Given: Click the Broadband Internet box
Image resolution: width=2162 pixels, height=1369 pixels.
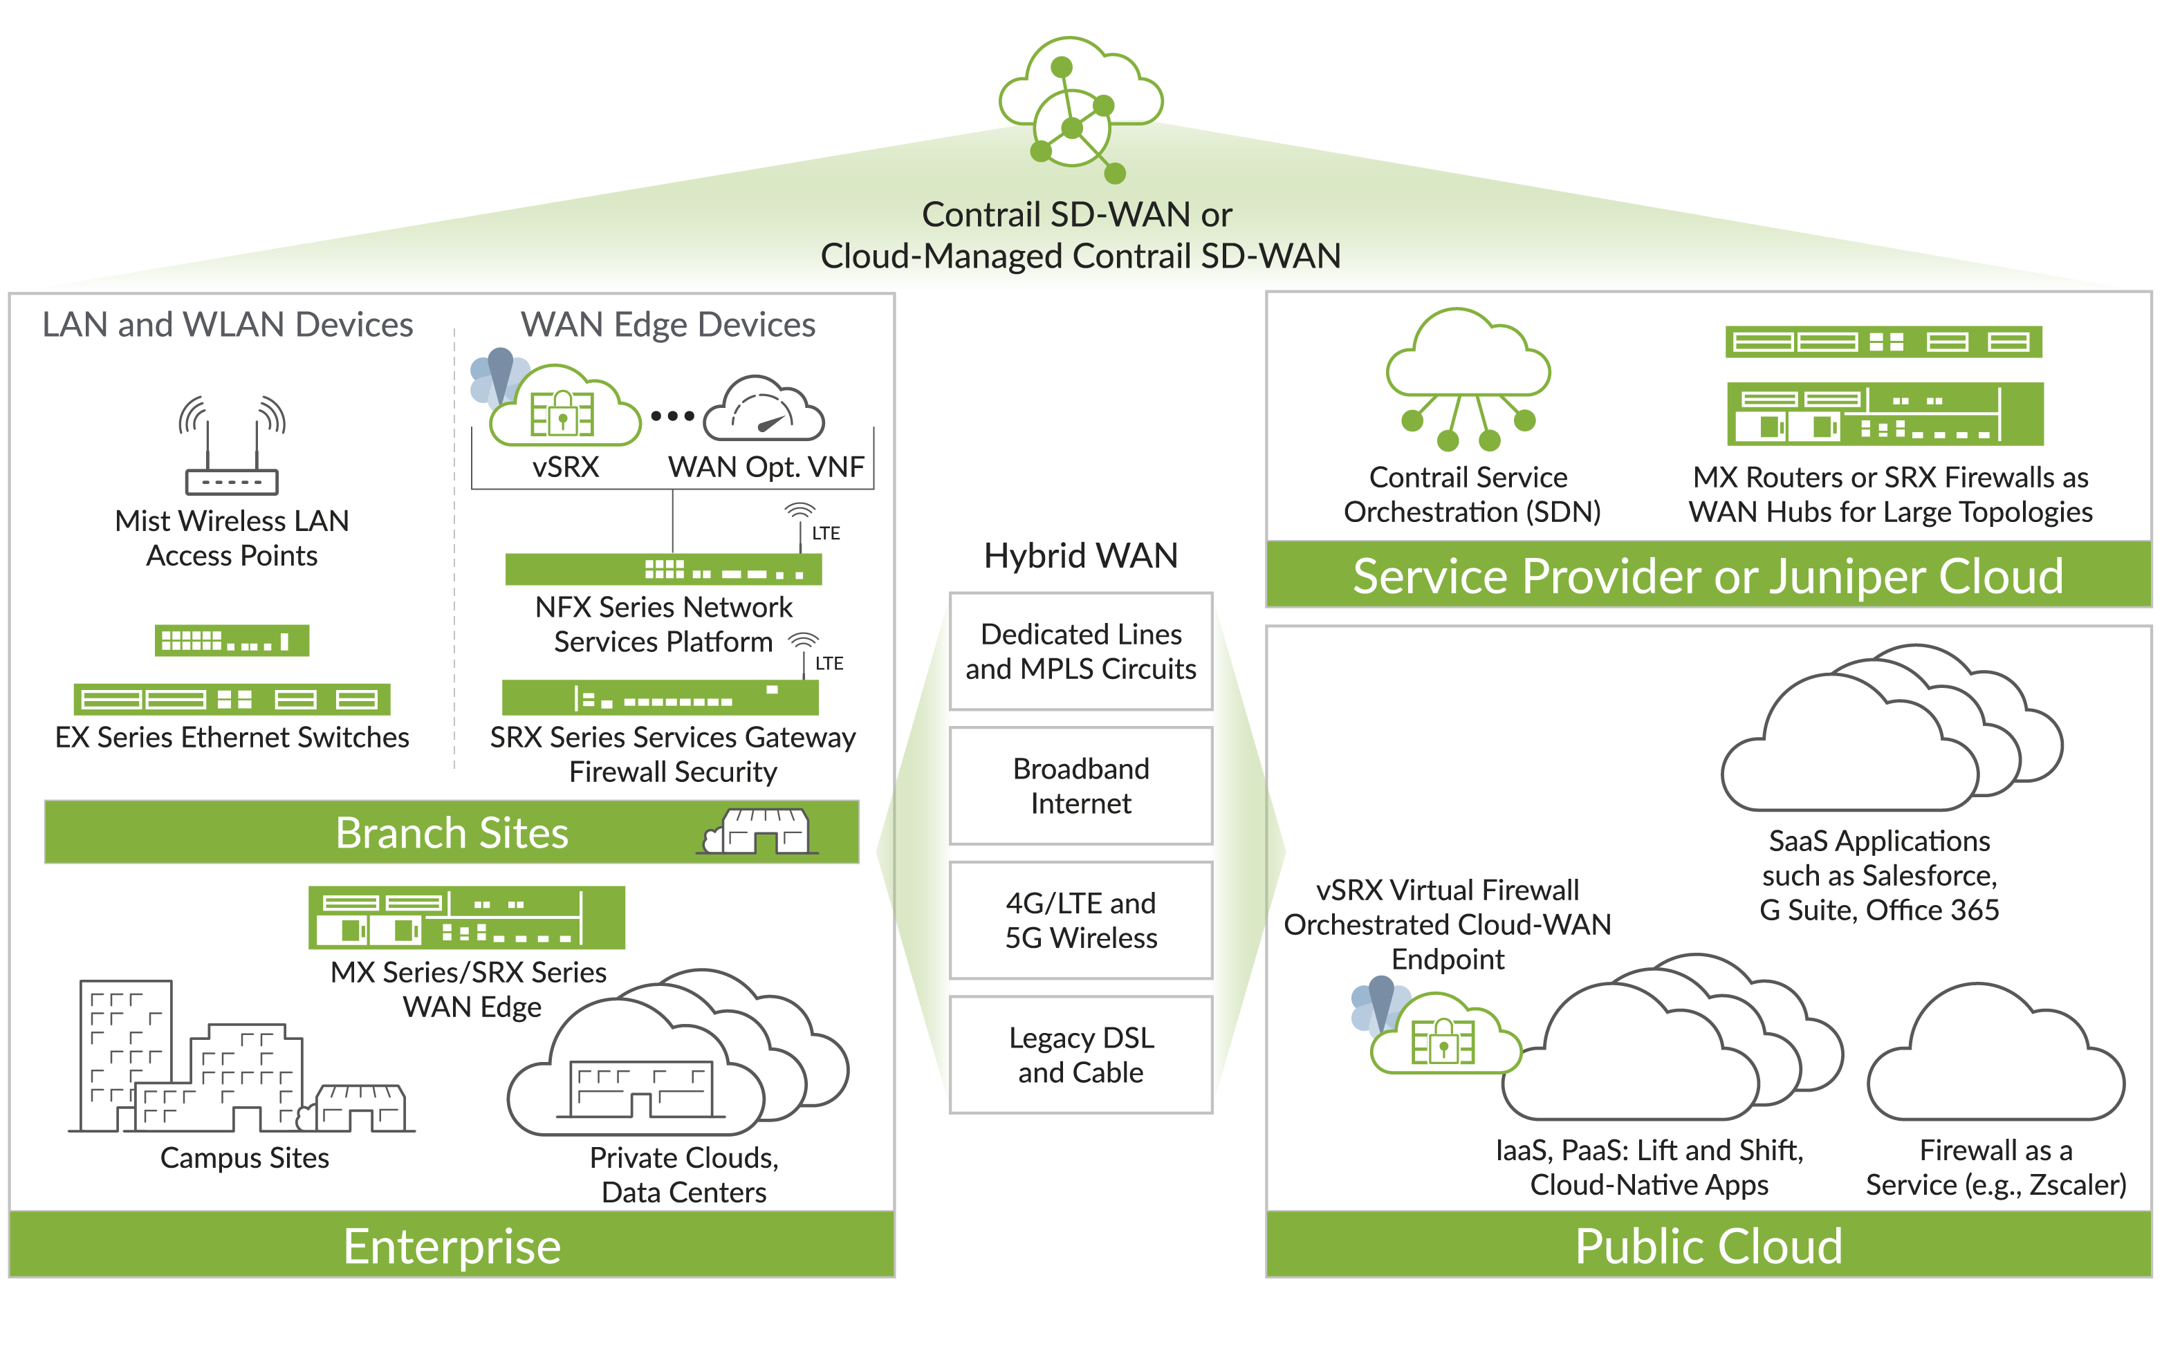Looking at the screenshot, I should [x=1081, y=785].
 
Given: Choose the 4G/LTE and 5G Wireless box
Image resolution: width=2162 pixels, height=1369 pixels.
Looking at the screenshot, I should [x=1081, y=920].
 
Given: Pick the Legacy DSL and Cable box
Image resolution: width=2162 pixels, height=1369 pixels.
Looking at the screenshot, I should [x=1081, y=1055].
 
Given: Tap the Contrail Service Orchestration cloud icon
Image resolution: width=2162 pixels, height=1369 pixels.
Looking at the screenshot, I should [x=1468, y=377].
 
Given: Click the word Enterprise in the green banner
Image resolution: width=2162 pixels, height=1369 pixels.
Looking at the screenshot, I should [x=452, y=1246].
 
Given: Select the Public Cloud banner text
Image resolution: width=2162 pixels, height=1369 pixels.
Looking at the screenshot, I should [x=1708, y=1246].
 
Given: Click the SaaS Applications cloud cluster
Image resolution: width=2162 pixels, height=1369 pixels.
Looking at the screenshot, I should [x=1885, y=736].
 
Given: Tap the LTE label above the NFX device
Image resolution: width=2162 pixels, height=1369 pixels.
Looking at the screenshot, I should [x=826, y=533].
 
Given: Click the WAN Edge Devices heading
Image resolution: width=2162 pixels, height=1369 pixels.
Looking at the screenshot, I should [x=668, y=324].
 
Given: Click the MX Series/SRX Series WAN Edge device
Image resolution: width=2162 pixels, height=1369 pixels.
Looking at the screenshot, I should [x=466, y=918].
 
